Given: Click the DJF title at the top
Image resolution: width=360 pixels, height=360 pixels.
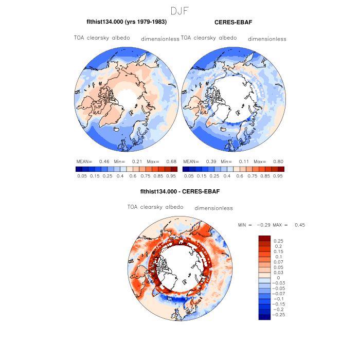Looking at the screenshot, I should point(180,10).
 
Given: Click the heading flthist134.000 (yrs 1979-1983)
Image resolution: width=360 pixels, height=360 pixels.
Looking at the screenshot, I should point(127,22).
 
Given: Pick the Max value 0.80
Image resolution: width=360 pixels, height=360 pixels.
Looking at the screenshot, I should point(277,161).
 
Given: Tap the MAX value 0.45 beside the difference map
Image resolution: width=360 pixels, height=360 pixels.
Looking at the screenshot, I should point(300,225).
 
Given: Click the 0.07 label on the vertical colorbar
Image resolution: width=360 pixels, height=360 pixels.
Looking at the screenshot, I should point(278,263).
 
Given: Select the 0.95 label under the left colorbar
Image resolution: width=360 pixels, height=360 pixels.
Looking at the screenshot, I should point(172,175).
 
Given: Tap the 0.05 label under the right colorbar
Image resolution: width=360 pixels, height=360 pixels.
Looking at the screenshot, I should point(189,175).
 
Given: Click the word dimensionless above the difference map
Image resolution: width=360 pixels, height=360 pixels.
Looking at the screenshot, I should point(213,208).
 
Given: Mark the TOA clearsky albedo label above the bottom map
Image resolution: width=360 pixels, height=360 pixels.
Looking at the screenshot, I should point(155,207).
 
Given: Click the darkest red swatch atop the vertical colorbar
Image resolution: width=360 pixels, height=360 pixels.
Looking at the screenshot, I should point(264,237).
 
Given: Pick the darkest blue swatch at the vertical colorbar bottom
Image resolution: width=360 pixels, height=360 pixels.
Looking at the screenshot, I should point(264,317).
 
